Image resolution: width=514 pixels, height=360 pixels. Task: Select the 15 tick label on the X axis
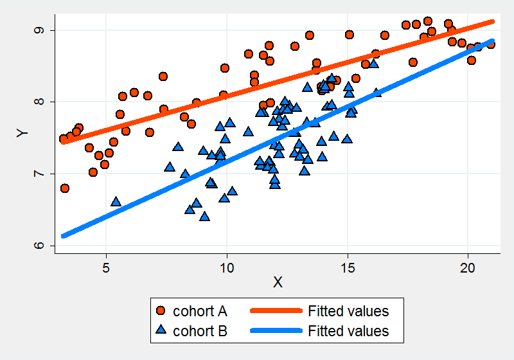[348, 264]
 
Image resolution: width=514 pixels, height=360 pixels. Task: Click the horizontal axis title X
[278, 282]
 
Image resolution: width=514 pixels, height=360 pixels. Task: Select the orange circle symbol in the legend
[162, 311]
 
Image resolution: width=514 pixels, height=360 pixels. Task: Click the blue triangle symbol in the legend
[162, 331]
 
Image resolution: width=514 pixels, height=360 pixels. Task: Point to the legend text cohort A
[200, 311]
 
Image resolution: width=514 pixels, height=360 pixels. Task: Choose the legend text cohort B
[200, 331]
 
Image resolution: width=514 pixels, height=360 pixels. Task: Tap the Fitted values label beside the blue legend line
[348, 331]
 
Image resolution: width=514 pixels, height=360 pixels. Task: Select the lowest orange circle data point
[64, 188]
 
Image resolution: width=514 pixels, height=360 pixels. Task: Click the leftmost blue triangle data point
[116, 202]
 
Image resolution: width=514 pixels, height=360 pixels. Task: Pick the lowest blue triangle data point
[204, 217]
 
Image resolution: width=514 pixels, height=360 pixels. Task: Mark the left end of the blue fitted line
[63, 236]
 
